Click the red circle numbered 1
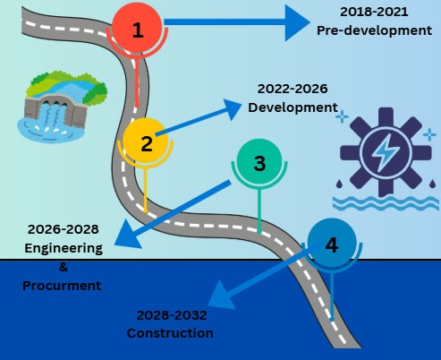pyautogui.click(x=137, y=28)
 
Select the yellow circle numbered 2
pyautogui.click(x=146, y=141)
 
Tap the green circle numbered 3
pyautogui.click(x=259, y=162)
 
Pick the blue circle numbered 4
pyautogui.click(x=332, y=243)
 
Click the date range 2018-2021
pyautogui.click(x=374, y=12)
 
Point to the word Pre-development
pyautogui.click(x=374, y=30)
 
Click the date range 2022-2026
pyautogui.click(x=293, y=89)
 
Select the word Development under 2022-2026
pyautogui.click(x=293, y=107)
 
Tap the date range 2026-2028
pyautogui.click(x=64, y=229)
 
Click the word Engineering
pyautogui.click(x=64, y=248)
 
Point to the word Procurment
pyautogui.click(x=62, y=286)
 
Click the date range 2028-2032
pyautogui.click(x=172, y=315)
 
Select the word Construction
pyautogui.click(x=170, y=333)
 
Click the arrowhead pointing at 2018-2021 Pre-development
pyautogui.click(x=297, y=22)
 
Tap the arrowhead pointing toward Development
pyautogui.click(x=233, y=108)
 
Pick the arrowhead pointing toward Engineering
pyautogui.click(x=127, y=236)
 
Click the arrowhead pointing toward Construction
pyautogui.click(x=222, y=296)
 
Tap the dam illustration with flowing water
pyautogui.click(x=62, y=107)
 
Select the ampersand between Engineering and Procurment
pyautogui.click(x=64, y=267)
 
